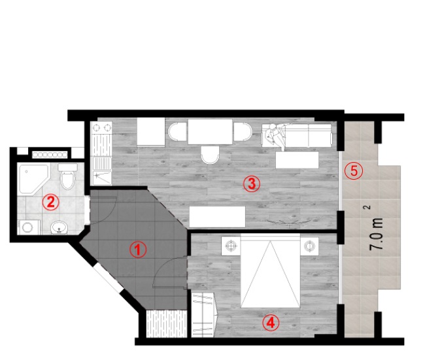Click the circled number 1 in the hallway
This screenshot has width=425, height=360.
[x=138, y=250]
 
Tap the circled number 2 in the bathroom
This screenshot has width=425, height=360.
[x=51, y=202]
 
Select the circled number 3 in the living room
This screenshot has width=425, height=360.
[x=252, y=184]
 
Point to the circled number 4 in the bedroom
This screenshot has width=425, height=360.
[x=271, y=323]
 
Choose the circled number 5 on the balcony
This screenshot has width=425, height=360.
[x=354, y=171]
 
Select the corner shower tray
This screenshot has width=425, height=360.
[x=34, y=178]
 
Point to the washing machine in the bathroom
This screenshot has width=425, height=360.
[x=29, y=227]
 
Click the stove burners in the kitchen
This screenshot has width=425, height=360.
[x=101, y=127]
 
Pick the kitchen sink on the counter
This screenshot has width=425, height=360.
[x=102, y=178]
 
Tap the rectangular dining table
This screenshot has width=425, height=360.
[x=211, y=131]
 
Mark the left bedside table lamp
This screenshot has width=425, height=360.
[x=231, y=246]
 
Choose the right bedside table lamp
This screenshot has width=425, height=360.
[x=309, y=246]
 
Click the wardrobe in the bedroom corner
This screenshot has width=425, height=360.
[x=205, y=315]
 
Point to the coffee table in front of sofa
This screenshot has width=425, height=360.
[x=297, y=160]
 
